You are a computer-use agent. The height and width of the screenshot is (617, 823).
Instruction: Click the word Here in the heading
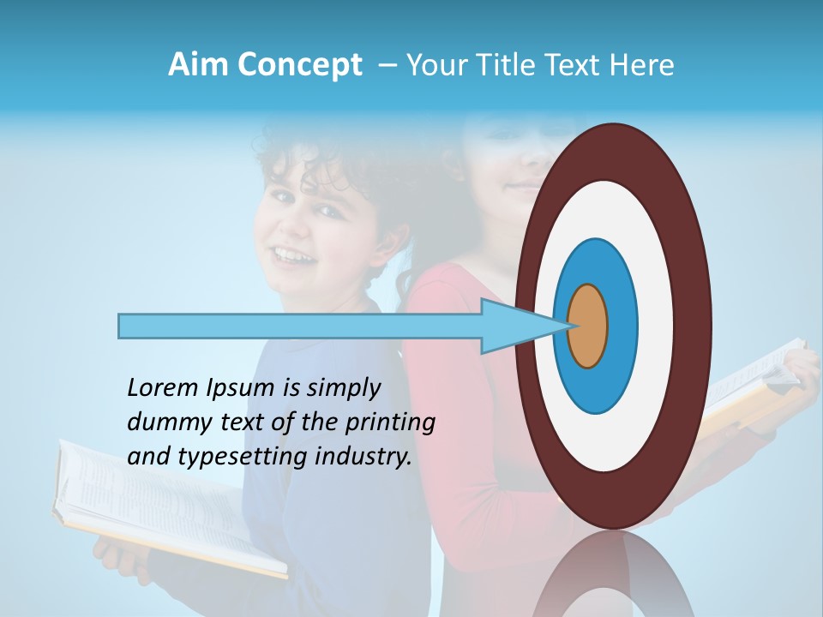click(x=642, y=65)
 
